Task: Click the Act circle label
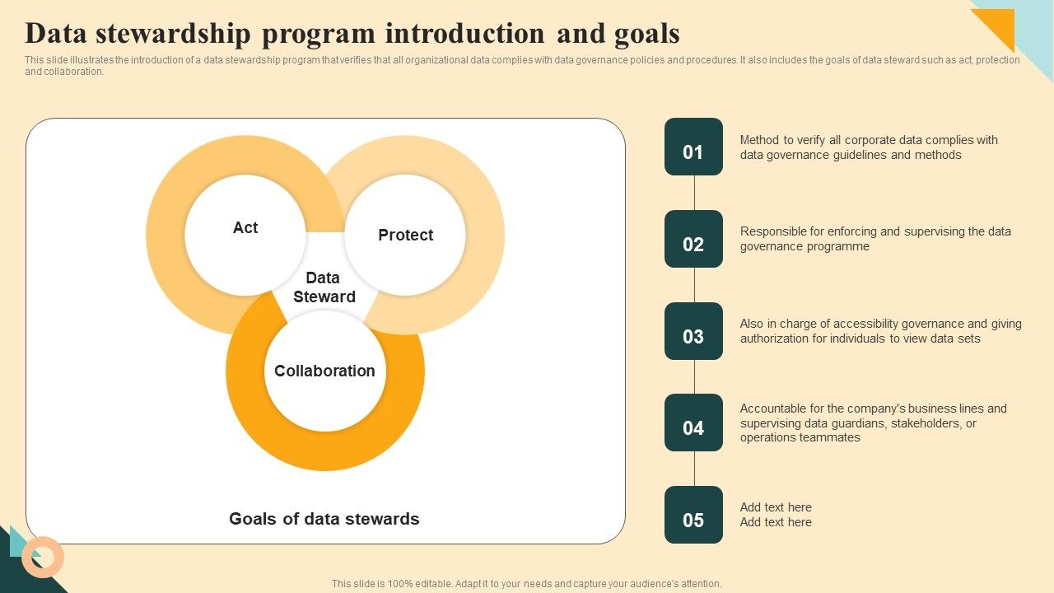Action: coord(245,228)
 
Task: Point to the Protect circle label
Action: coord(405,236)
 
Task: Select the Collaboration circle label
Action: coord(324,371)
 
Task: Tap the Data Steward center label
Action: coord(324,287)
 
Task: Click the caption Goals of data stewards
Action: coord(324,519)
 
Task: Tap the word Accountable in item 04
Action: coord(773,409)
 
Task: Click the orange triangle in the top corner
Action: coord(998,25)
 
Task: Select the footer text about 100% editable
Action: coord(526,584)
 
